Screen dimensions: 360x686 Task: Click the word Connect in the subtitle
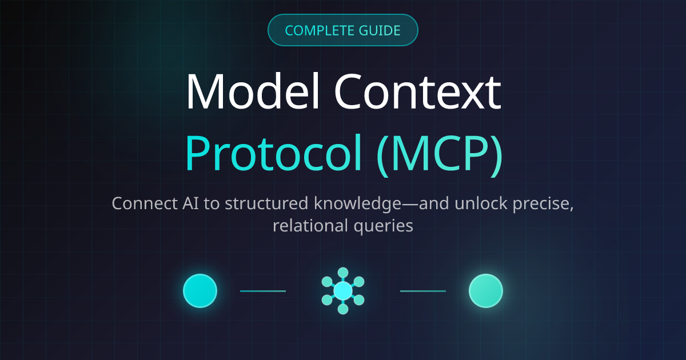click(138, 203)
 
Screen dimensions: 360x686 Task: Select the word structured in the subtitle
click(245, 204)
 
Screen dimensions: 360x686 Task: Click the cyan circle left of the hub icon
click(200, 291)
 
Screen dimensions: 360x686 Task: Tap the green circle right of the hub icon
click(485, 291)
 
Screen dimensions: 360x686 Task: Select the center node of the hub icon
click(343, 291)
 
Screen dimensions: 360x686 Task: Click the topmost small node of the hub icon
click(343, 273)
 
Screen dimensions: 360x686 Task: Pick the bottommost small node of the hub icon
click(343, 309)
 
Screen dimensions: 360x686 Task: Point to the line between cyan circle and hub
click(263, 291)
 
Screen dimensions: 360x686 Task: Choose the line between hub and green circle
click(423, 291)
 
